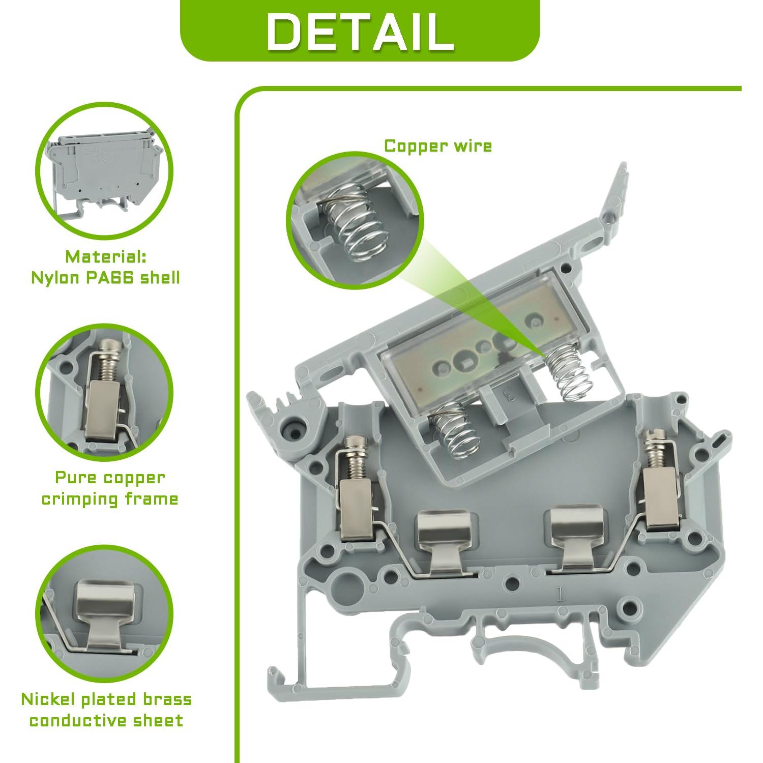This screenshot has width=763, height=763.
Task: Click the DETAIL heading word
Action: coord(360,32)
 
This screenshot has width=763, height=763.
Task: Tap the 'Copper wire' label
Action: coord(438,146)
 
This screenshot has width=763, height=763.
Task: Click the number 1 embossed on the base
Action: coord(561,594)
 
